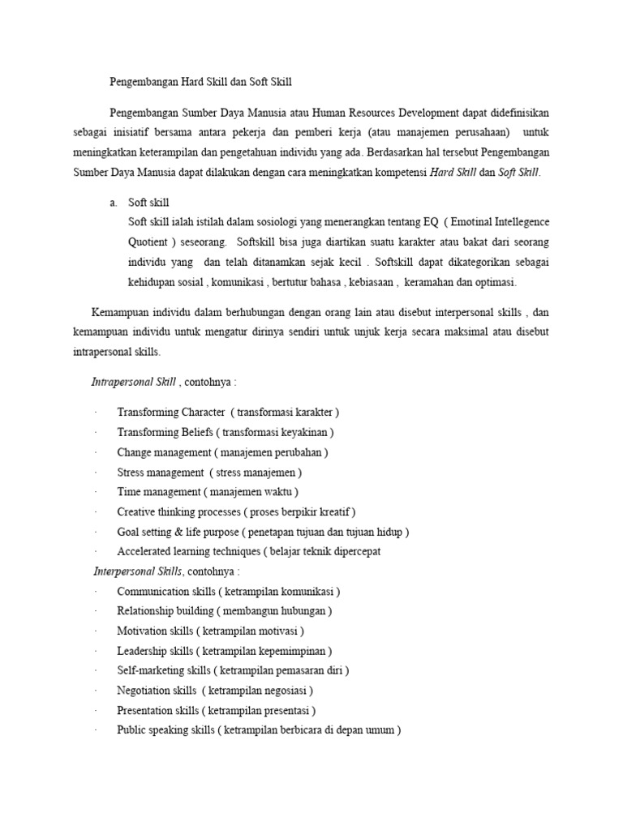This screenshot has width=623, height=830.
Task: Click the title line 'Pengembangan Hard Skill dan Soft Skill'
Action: pyautogui.click(x=200, y=81)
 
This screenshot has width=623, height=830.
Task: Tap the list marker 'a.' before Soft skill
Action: pyautogui.click(x=114, y=202)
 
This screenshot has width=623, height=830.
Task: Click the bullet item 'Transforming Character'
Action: pyautogui.click(x=171, y=412)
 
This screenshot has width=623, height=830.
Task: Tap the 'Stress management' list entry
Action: pyautogui.click(x=161, y=472)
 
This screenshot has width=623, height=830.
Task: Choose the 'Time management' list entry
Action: pyautogui.click(x=159, y=491)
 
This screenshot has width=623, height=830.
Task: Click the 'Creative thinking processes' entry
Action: pyautogui.click(x=178, y=511)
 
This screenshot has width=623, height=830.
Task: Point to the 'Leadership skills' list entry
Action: pyautogui.click(x=155, y=650)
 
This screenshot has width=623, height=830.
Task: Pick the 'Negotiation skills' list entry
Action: pyautogui.click(x=157, y=690)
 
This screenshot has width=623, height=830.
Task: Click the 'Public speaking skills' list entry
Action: pyautogui.click(x=165, y=729)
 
